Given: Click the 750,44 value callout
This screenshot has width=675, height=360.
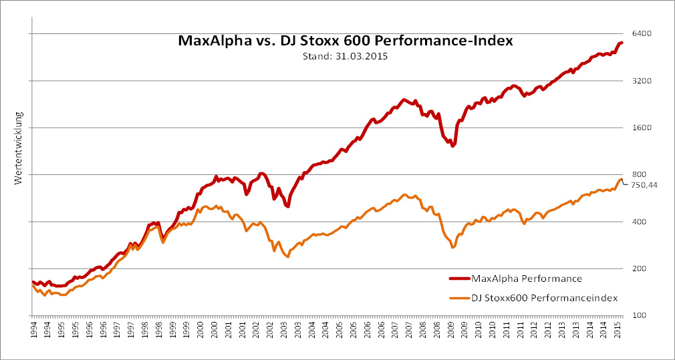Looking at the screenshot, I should pos(645,185).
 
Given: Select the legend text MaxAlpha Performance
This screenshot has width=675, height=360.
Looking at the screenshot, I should pos(526,279).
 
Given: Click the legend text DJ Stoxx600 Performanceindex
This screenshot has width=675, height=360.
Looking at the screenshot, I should pos(544,297).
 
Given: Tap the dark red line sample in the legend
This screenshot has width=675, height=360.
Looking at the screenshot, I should pos(459,279).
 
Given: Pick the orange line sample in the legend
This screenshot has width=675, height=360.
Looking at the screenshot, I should pos(459,297).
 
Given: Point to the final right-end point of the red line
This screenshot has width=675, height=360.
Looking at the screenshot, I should pos(622,43).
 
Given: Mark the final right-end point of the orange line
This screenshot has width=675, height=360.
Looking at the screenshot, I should pos(622,179).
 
